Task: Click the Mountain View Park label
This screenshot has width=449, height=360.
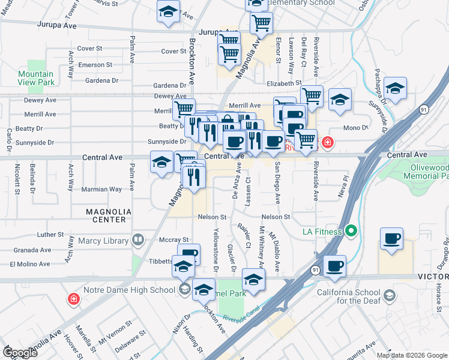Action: (35, 79)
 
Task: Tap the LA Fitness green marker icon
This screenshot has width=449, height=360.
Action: (352, 231)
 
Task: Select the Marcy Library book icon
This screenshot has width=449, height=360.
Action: (137, 241)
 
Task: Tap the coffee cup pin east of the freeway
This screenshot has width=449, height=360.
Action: (391, 239)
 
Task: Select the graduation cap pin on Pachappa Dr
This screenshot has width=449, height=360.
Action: (395, 88)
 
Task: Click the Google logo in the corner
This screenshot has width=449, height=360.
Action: (20, 353)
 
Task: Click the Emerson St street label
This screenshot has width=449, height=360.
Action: (95, 65)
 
